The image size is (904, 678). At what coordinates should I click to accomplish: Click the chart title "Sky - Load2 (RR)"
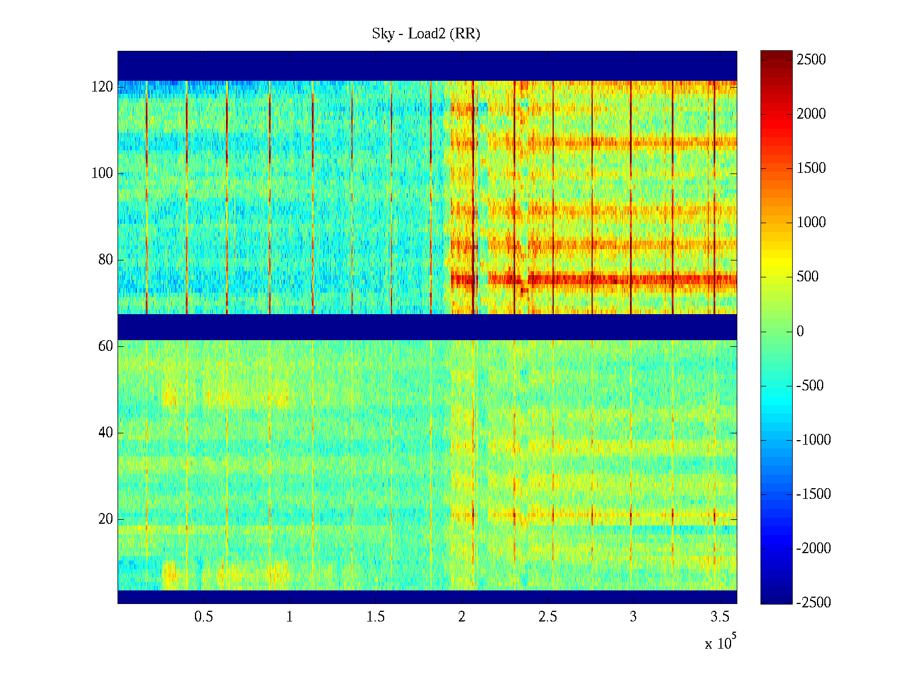(x=426, y=34)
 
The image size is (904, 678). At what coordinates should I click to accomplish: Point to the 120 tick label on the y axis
(x=102, y=87)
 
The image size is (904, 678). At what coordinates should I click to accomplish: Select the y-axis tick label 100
(x=102, y=173)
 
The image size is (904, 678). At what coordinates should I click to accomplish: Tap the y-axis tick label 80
(x=106, y=260)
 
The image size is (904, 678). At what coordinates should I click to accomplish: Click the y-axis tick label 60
(x=106, y=346)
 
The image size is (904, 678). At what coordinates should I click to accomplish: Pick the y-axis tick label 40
(x=106, y=433)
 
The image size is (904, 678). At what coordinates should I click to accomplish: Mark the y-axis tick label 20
(x=106, y=519)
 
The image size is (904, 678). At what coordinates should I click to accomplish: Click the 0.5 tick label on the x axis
(x=203, y=617)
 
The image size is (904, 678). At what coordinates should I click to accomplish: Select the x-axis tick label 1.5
(x=375, y=617)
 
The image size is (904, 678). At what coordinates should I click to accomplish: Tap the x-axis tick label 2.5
(x=547, y=617)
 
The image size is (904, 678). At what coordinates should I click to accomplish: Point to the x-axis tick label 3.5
(x=720, y=617)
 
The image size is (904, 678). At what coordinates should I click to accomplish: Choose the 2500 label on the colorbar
(x=811, y=60)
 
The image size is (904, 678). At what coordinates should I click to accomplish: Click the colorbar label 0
(x=800, y=332)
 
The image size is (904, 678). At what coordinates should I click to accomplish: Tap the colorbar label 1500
(x=811, y=168)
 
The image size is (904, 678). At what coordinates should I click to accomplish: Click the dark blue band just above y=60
(x=427, y=327)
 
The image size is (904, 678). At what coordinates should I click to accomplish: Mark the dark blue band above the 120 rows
(x=427, y=66)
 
